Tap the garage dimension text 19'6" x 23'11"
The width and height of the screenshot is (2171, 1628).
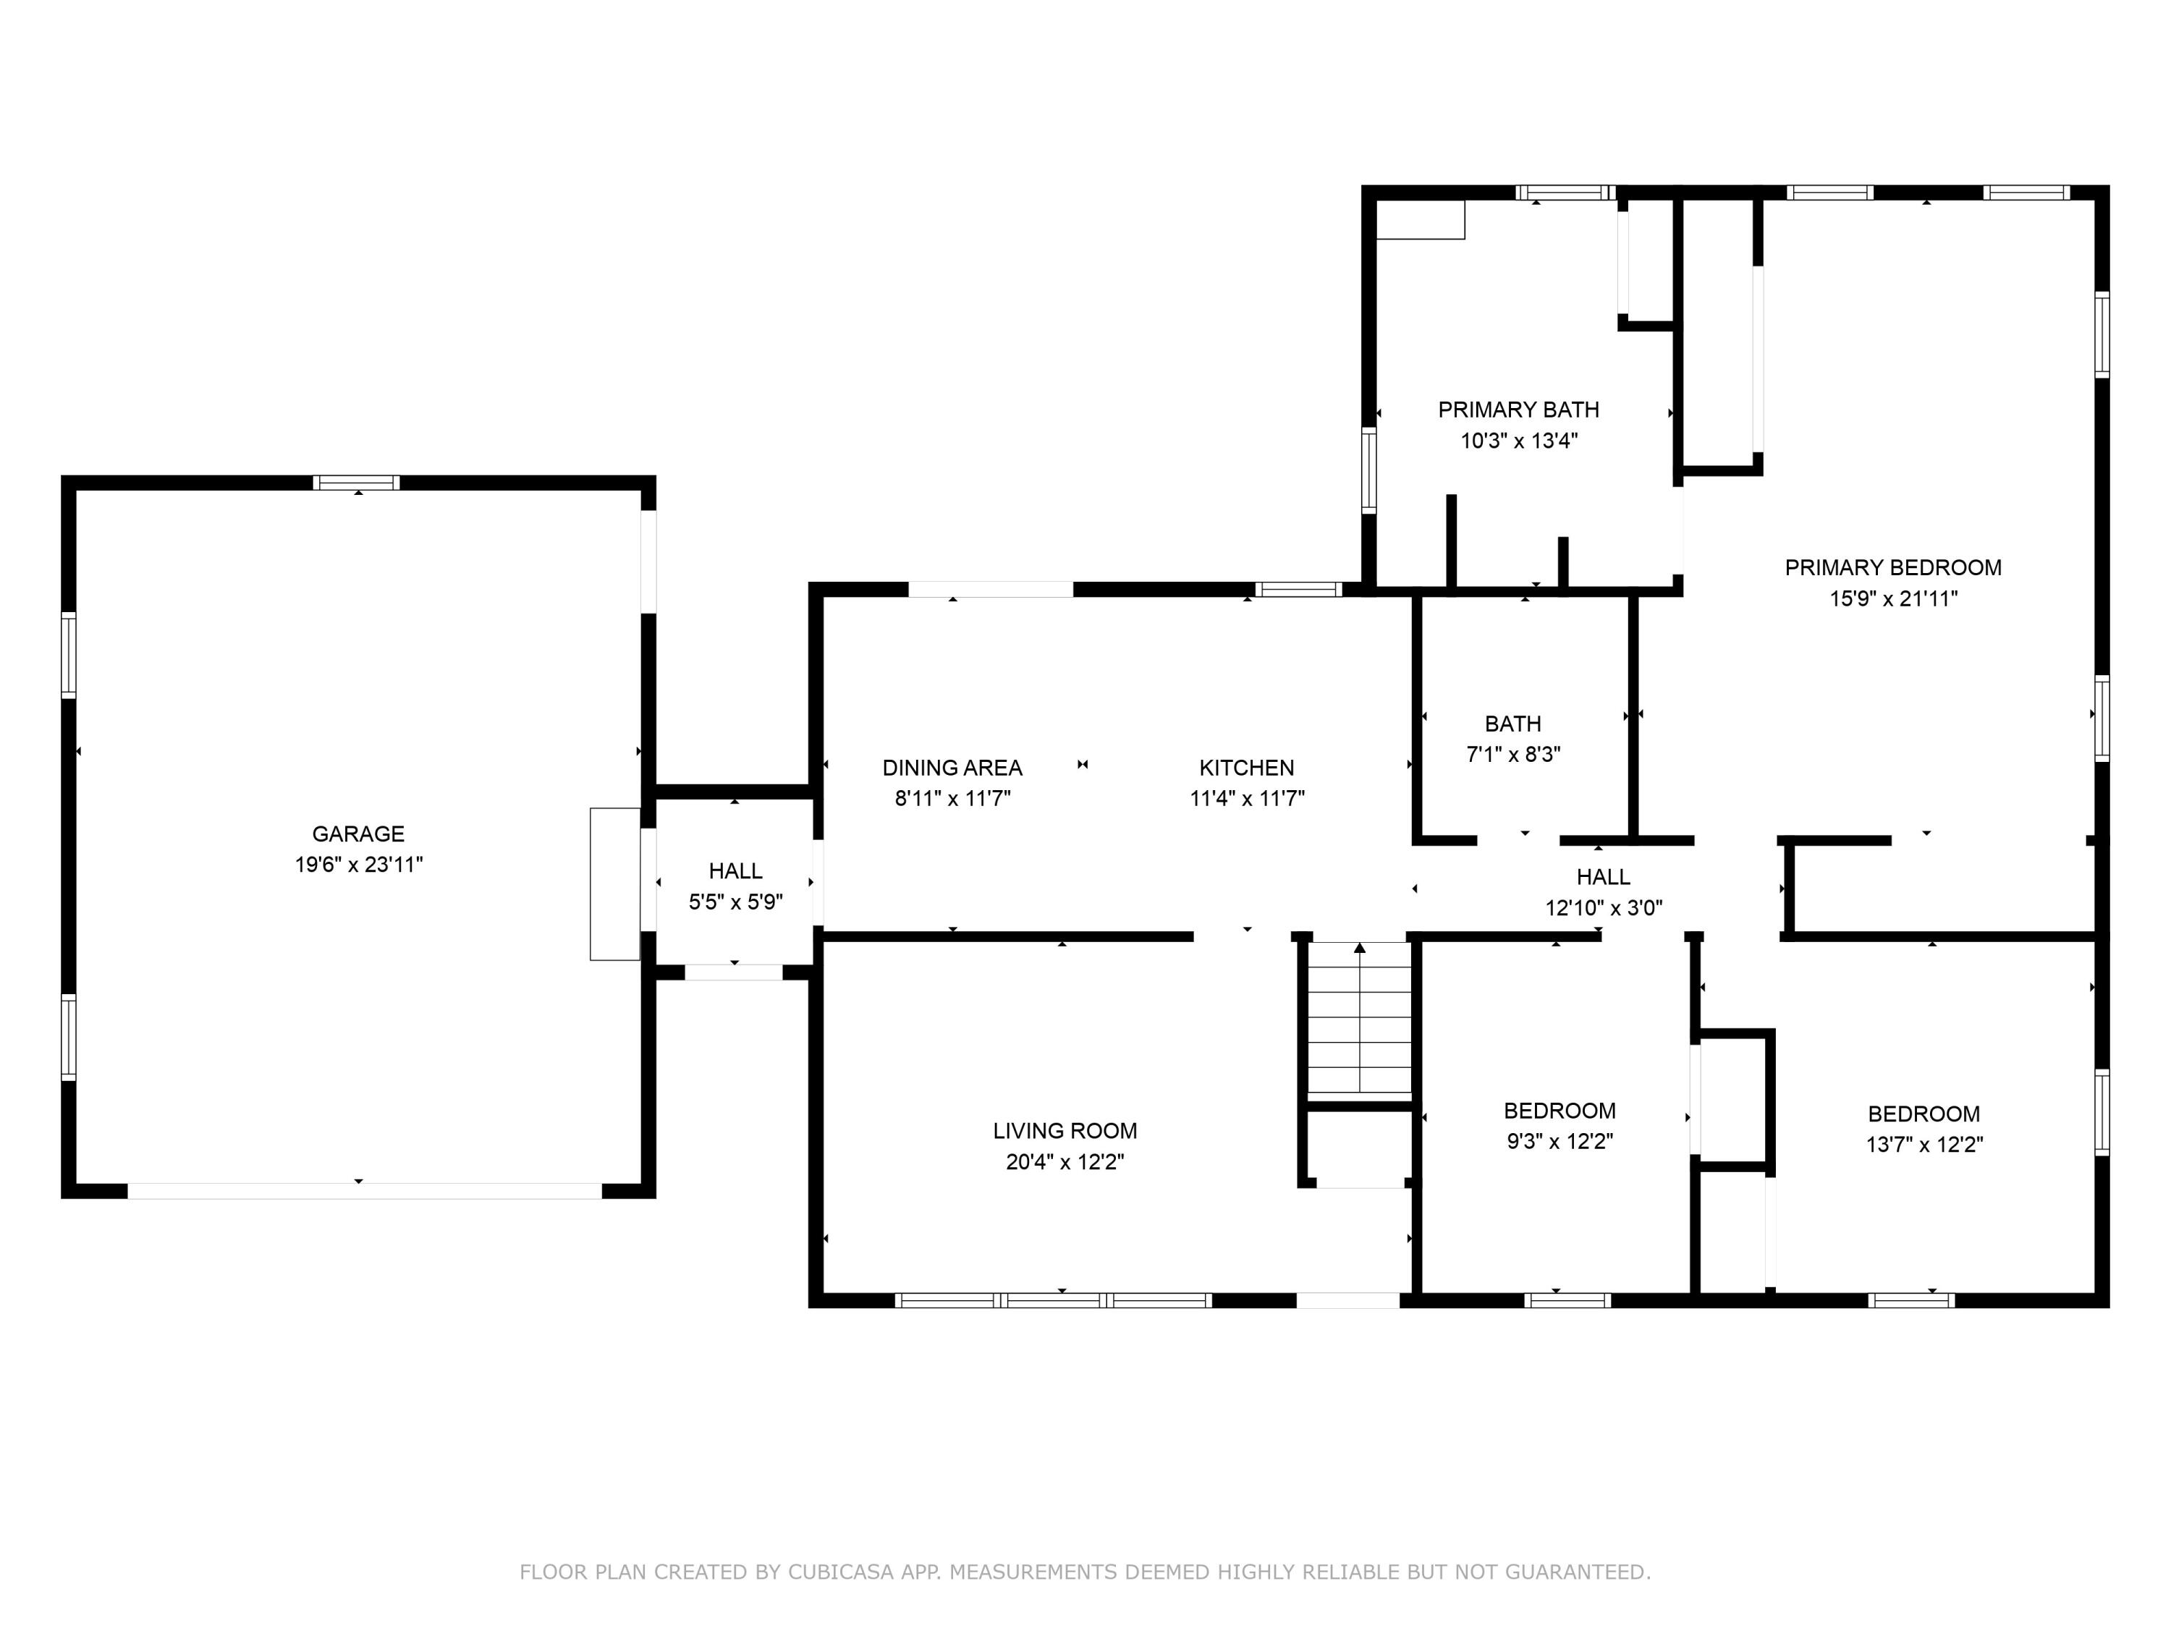[358, 865]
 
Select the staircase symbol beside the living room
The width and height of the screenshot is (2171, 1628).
[1359, 1017]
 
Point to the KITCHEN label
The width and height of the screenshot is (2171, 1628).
[1246, 768]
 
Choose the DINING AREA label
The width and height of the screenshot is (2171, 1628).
[952, 768]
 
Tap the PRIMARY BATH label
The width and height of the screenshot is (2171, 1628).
[1518, 410]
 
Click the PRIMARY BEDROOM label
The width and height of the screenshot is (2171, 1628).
[1892, 567]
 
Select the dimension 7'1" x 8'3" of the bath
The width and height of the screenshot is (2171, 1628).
[1512, 755]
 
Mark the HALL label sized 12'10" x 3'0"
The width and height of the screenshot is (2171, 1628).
[1603, 876]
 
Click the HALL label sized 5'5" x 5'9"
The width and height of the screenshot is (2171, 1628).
[735, 870]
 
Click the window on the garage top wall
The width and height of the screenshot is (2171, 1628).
[356, 482]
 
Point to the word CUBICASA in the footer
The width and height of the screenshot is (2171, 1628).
[840, 1572]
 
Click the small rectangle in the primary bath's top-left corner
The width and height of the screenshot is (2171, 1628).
[1420, 220]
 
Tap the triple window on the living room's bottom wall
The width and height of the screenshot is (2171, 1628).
[1053, 1300]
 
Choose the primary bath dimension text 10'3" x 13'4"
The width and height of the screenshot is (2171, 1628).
[1518, 441]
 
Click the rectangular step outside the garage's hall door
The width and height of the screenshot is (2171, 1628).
[614, 884]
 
